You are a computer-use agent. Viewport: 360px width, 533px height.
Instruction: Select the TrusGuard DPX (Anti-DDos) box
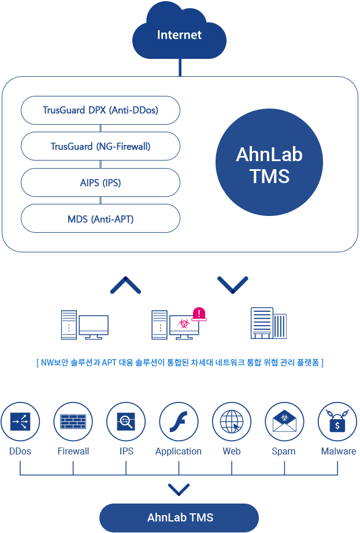(100, 110)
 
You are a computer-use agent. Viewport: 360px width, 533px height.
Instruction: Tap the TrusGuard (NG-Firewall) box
(100, 146)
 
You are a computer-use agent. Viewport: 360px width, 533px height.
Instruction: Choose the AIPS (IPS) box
(100, 182)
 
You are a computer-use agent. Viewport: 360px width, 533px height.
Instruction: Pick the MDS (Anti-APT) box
(100, 219)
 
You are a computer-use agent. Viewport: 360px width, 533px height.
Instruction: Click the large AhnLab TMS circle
(269, 165)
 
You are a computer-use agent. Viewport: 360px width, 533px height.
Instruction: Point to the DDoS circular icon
(20, 422)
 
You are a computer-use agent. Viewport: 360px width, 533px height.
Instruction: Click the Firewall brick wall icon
(73, 422)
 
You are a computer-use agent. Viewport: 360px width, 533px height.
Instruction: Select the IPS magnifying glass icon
(126, 422)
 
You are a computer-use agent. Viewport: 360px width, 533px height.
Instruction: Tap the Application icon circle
(179, 422)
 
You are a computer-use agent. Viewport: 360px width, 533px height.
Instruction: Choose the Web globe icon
(232, 422)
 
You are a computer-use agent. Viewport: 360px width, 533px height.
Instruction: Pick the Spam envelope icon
(284, 422)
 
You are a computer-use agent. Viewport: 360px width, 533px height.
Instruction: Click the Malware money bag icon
(337, 422)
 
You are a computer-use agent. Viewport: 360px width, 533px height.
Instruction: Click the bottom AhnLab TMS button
(180, 517)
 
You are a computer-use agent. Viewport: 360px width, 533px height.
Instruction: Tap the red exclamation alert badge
(199, 314)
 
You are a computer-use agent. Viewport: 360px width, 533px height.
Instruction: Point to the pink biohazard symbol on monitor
(184, 324)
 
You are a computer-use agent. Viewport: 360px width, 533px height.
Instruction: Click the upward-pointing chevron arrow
(125, 285)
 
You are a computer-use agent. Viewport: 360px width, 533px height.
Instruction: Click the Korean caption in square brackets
(180, 363)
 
